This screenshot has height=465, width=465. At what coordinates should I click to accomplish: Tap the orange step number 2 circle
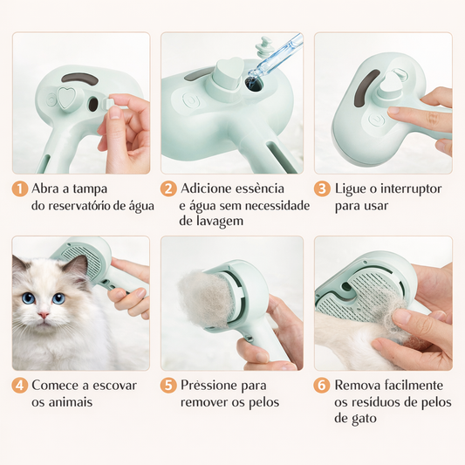click(x=169, y=188)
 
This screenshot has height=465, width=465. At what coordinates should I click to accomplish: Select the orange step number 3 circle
click(x=322, y=188)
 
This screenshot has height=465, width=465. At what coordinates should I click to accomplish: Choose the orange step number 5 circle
click(x=169, y=385)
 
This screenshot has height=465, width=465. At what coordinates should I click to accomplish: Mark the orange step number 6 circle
click(x=322, y=385)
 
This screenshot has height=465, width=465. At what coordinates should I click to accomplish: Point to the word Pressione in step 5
click(x=211, y=385)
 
